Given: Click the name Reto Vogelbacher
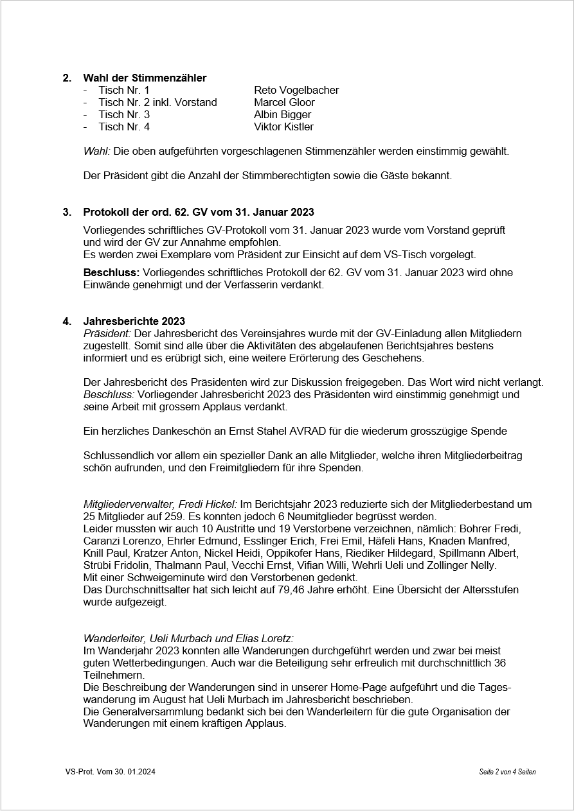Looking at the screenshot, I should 296,90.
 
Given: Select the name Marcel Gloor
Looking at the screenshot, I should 284,102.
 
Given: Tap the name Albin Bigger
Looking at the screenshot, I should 282,114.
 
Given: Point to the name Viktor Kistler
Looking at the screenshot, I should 283,126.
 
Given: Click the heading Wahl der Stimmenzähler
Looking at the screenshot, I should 145,78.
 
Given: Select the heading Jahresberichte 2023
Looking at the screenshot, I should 134,321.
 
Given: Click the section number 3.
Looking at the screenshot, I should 66,212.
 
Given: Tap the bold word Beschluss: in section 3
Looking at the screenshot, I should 111,272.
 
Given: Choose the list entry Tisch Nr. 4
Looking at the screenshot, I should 124,126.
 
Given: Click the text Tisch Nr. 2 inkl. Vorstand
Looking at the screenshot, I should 157,102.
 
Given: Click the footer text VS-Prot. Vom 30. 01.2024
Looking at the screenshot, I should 110,772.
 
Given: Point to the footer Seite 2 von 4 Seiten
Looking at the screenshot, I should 507,772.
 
